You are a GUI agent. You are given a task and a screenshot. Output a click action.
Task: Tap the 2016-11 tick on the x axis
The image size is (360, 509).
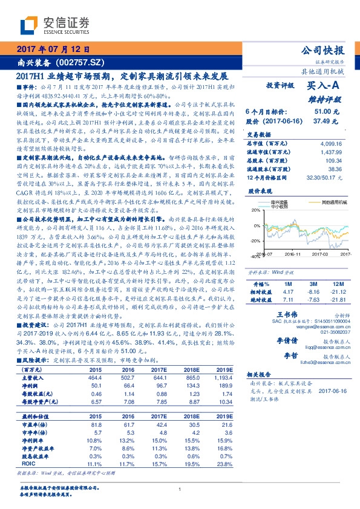point(293,255)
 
